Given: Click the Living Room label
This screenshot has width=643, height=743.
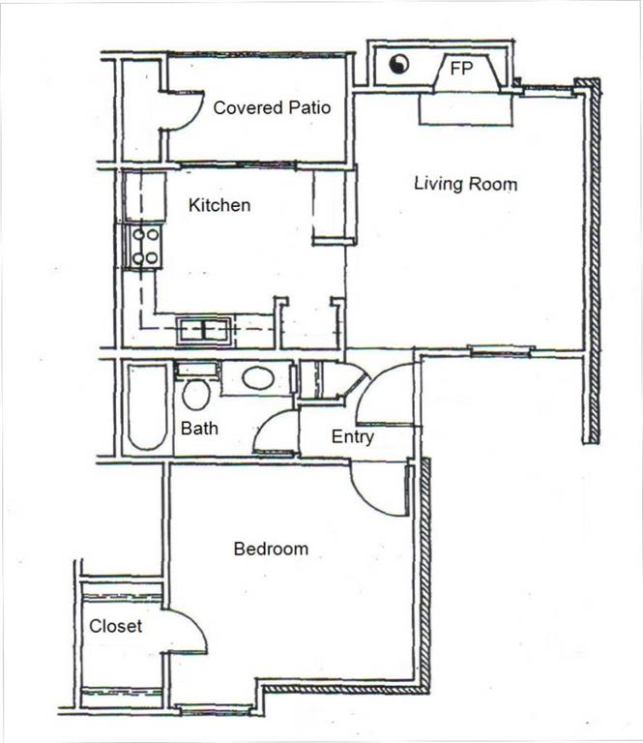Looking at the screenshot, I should coord(465,183).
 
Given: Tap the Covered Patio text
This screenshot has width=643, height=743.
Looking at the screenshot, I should coord(272,107).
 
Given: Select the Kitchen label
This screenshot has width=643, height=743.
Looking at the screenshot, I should coord(219,205).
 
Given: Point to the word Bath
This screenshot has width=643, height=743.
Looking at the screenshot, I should coord(199,428).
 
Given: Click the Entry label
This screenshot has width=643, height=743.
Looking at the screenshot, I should coord(352,437).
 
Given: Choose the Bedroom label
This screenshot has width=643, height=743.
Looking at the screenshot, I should coord(271,549).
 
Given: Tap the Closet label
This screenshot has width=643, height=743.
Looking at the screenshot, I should coord(115,626).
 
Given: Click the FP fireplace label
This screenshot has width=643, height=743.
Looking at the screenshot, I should coord(460,69).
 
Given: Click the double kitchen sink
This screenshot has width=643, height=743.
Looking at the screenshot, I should coord(204,330).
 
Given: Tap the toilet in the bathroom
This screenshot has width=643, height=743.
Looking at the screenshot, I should coord(196,392).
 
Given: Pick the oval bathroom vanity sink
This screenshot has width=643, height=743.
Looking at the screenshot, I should coord(257,377).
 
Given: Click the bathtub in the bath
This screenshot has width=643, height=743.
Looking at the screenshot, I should coord(147,407).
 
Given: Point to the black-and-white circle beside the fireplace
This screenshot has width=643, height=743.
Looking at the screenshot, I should coord(398,65).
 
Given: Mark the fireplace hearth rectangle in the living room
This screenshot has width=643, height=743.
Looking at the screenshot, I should coord(465,108).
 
